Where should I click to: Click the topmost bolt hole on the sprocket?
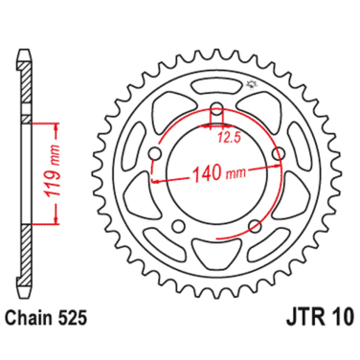pyautogui.click(x=216, y=106)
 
